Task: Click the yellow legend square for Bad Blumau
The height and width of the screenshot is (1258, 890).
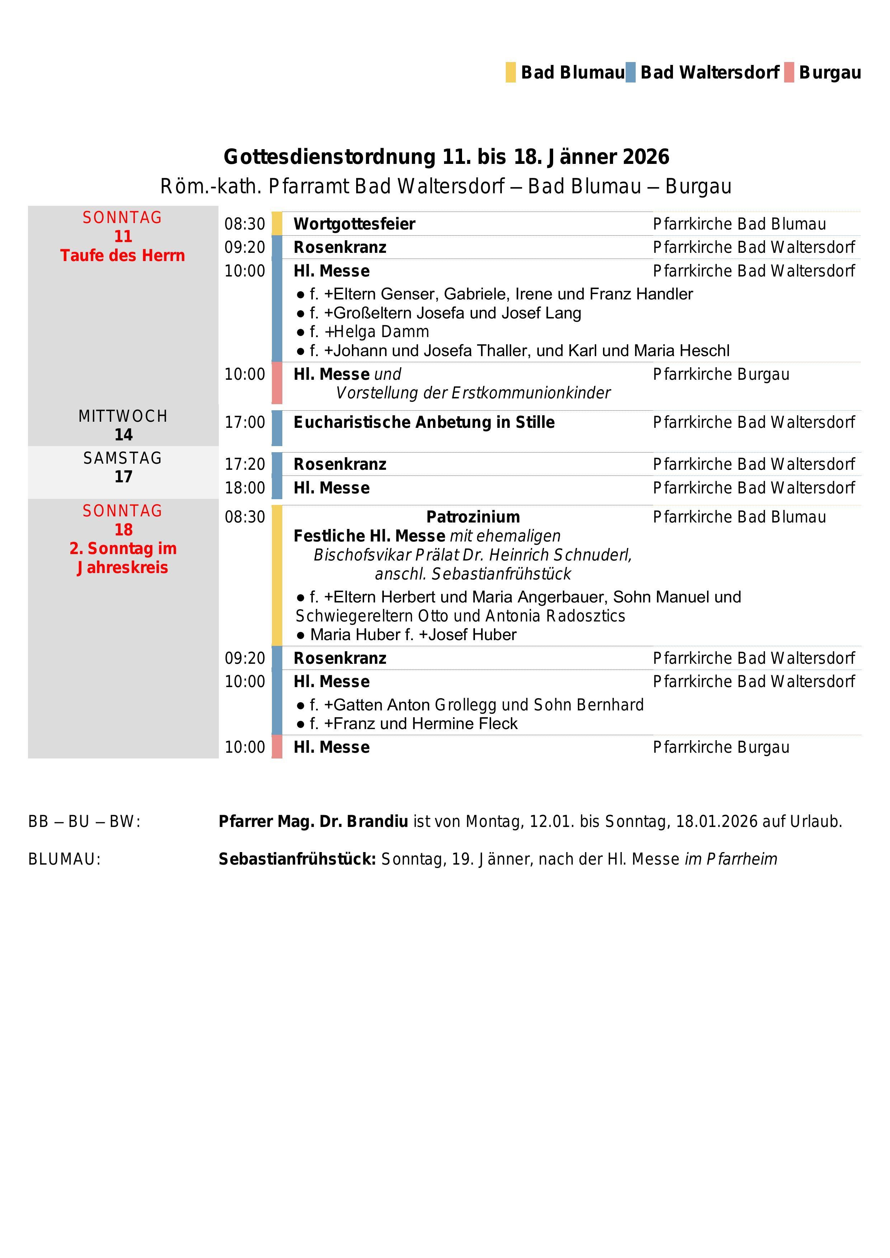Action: tap(510, 72)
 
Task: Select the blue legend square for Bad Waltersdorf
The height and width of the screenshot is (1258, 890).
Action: tap(630, 72)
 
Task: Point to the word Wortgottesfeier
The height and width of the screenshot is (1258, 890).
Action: tap(354, 224)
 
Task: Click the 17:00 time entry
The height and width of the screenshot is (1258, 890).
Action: tap(244, 422)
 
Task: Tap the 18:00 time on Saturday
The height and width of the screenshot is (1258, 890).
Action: tap(244, 488)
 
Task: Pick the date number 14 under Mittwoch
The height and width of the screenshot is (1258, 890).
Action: tap(123, 435)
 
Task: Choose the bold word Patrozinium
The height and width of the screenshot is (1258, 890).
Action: tap(473, 517)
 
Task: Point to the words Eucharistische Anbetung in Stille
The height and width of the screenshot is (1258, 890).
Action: tap(424, 422)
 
